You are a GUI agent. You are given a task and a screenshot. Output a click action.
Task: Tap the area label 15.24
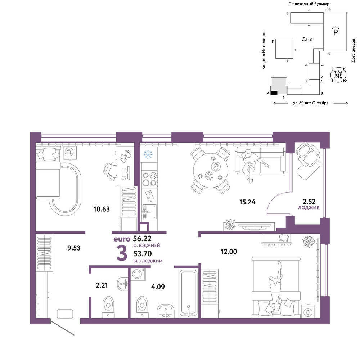click(x=247, y=202)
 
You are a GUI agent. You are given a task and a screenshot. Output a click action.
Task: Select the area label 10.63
click(x=102, y=209)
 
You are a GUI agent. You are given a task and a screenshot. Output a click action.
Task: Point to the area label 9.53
click(x=74, y=248)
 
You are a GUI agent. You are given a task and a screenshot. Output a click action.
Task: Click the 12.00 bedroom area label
click(x=229, y=252)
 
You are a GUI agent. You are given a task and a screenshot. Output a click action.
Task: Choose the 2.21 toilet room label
click(x=102, y=285)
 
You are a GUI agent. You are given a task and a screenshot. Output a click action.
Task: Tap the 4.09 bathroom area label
click(x=158, y=287)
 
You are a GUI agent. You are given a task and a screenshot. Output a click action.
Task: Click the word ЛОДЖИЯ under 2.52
click(x=309, y=208)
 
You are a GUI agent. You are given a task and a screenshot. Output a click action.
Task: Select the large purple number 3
click(x=122, y=253)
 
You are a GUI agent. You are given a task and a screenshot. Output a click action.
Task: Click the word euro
click(x=122, y=239)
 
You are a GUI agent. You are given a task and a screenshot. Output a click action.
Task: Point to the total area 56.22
click(x=142, y=238)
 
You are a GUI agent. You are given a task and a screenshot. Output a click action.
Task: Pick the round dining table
click(x=211, y=170)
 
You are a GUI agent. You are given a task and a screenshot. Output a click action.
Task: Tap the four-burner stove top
click(x=149, y=179)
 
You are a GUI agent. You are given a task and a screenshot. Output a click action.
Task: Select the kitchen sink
click(x=149, y=212)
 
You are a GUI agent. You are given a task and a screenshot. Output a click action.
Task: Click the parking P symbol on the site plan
click(x=336, y=31)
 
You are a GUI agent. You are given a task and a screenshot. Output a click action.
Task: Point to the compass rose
click(x=338, y=75)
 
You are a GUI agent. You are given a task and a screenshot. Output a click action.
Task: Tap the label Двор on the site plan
click(x=307, y=39)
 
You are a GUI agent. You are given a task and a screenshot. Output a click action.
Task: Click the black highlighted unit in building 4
click(x=274, y=93)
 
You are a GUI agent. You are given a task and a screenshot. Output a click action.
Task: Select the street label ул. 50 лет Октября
click(x=311, y=103)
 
